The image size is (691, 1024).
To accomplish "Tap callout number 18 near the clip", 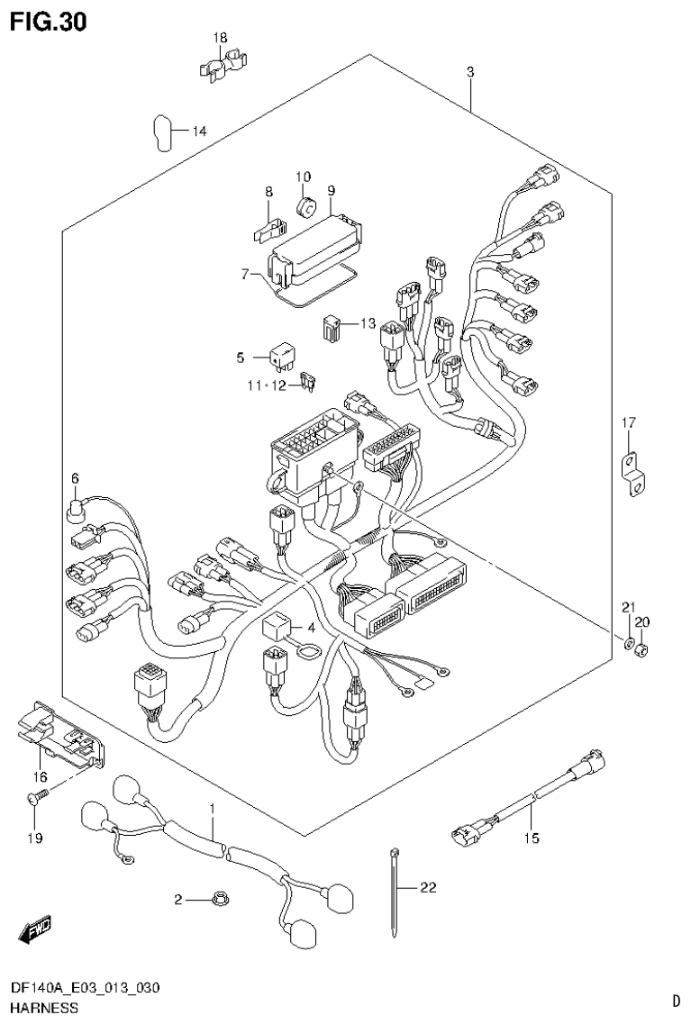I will pyautogui.click(x=221, y=38).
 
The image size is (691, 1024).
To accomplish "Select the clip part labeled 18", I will pyautogui.click(x=223, y=68).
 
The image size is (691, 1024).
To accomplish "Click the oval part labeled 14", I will pyautogui.click(x=159, y=132).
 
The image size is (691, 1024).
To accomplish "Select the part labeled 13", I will pyautogui.click(x=333, y=327).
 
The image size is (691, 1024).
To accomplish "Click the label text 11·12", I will pyautogui.click(x=266, y=385).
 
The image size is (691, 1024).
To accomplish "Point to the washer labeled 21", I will pyautogui.click(x=627, y=643).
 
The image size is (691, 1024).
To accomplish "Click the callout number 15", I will pyautogui.click(x=532, y=838).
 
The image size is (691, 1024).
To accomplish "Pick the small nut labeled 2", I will pyautogui.click(x=216, y=897).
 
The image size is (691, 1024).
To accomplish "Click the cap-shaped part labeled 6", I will pyautogui.click(x=77, y=512).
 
